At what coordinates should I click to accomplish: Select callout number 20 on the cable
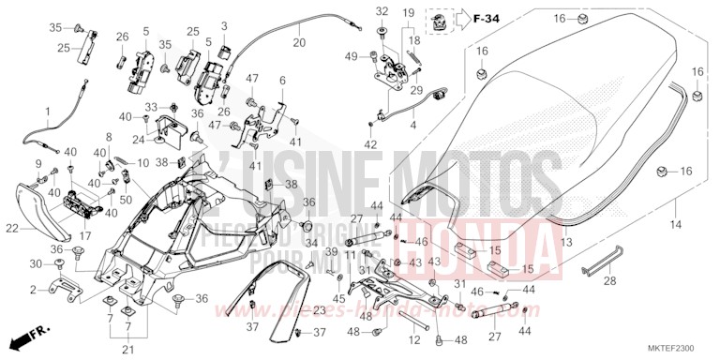coord(299,43)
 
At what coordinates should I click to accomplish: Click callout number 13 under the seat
coord(565,242)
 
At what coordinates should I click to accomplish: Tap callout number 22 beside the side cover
coord(12,228)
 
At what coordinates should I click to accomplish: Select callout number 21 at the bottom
coord(127,350)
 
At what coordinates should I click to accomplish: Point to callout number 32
coord(382,11)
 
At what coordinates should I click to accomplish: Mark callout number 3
coord(224,24)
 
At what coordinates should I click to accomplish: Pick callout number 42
coord(370,144)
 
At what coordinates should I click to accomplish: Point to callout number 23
coord(319,310)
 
